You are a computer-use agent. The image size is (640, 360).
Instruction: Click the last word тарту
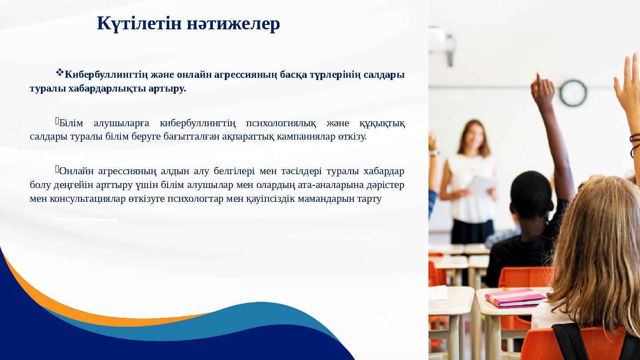(x=369, y=198)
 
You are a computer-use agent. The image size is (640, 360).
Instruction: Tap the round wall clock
(x=573, y=93)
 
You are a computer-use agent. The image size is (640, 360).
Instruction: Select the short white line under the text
(x=85, y=219)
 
